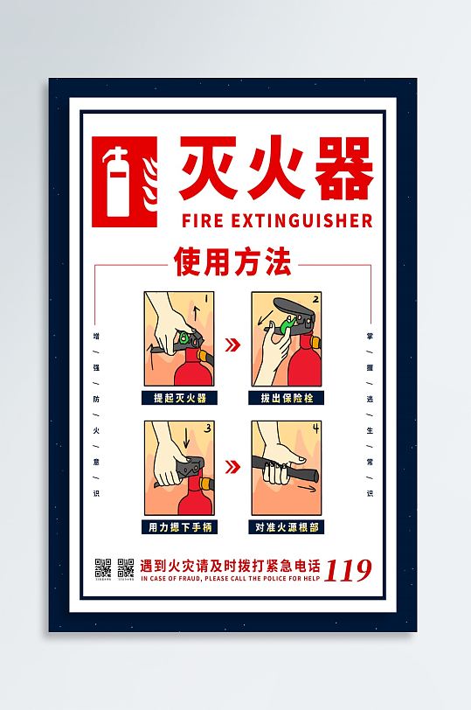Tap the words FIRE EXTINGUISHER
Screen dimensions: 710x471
pos(275,219)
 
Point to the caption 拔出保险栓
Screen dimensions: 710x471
pos(287,397)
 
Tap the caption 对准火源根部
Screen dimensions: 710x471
pos(287,526)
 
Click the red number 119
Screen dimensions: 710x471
pos(348,569)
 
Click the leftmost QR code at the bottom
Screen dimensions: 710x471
pos(101,567)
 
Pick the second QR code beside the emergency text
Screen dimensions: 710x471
pos(125,567)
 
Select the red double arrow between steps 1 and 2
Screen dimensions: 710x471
pos(232,345)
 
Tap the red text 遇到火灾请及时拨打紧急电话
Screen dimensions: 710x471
pos(230,564)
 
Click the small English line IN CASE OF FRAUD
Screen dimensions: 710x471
pos(230,578)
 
